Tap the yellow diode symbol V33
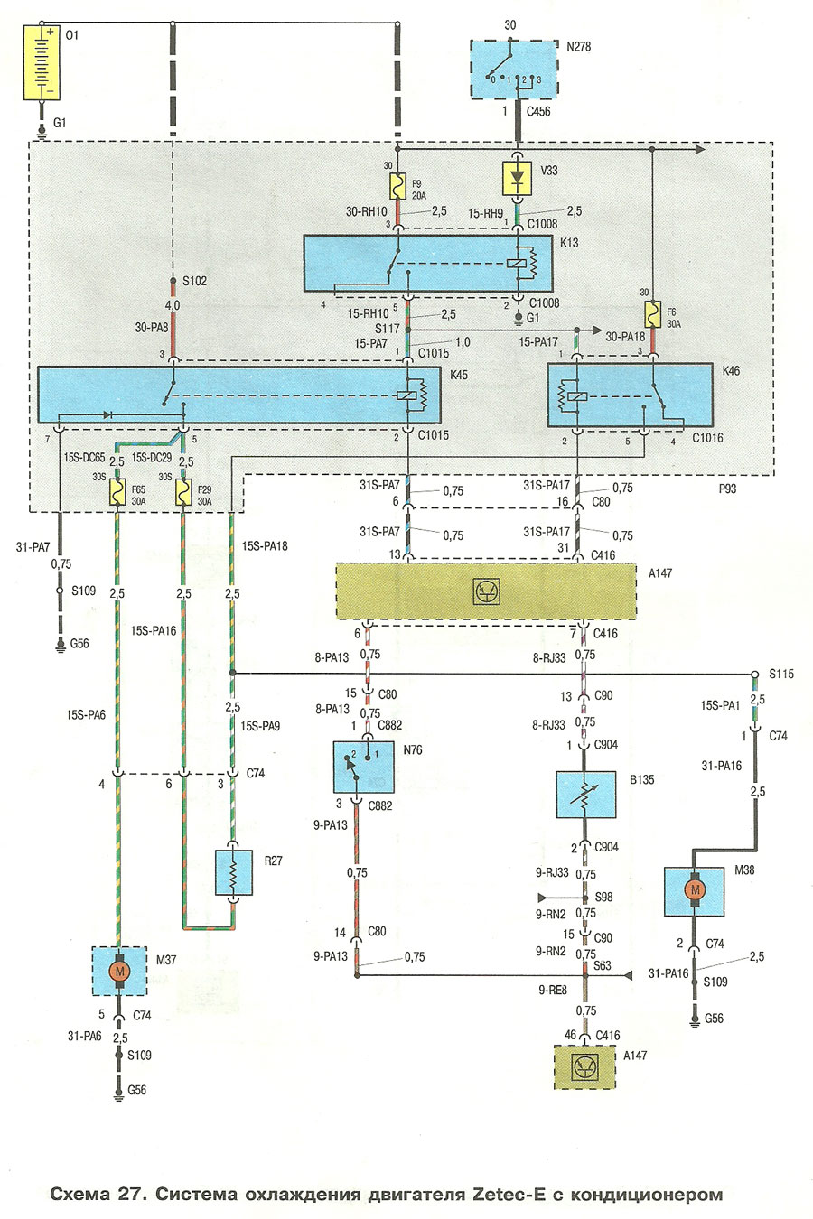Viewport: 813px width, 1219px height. (x=518, y=178)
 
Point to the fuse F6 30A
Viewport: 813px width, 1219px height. (x=651, y=314)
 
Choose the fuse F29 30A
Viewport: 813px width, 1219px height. (x=183, y=492)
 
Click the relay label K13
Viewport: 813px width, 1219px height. (x=569, y=242)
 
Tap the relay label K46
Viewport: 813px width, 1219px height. (x=731, y=370)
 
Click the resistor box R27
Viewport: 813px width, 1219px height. (x=233, y=871)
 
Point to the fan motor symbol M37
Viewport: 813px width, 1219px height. (x=119, y=971)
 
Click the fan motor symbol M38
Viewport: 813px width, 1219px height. (x=694, y=890)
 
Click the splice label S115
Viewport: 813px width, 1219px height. (x=781, y=674)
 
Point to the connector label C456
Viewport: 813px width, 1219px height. (x=538, y=112)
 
